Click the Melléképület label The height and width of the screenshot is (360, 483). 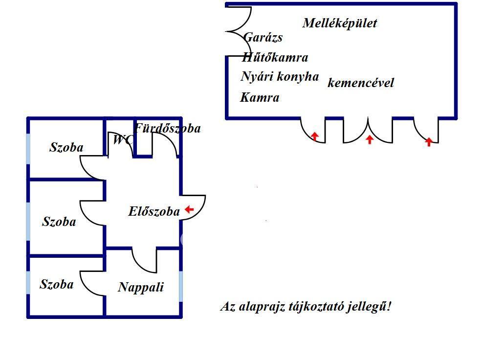coord(340,23)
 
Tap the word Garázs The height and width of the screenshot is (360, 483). coord(263,38)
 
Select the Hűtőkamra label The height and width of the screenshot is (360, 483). coord(275,58)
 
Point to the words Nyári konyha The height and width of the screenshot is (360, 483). coord(280,77)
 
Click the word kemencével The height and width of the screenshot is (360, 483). coord(361,83)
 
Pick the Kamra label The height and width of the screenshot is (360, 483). coord(260,98)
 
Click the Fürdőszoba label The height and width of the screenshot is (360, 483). coord(168,129)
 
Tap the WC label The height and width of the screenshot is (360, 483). coord(122,140)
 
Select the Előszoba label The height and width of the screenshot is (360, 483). coord(154,212)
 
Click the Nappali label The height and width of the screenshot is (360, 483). coord(141,287)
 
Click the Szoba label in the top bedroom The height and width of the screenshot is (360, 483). coord(66,147)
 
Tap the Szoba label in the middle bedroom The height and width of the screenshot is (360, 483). coord(59,222)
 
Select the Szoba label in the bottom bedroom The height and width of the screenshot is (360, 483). coord(57,285)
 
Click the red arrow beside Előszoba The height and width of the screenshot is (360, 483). coord(189,210)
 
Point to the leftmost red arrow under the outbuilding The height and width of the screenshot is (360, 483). coord(315,136)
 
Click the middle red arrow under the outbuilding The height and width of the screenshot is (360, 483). coord(370,139)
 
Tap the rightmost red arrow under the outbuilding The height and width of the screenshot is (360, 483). coord(429,142)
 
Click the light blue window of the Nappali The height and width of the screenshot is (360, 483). coord(181,286)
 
